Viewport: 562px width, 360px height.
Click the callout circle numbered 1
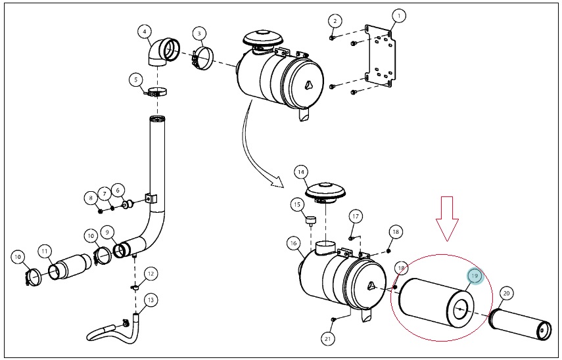(x=398, y=16)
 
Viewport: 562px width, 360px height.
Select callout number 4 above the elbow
(x=145, y=32)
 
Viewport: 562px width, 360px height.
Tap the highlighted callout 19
(x=475, y=276)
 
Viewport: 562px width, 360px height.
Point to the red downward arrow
(x=447, y=219)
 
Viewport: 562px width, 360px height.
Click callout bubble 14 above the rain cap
(x=301, y=172)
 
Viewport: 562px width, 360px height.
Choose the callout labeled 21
(x=327, y=338)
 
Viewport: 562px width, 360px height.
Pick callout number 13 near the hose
(x=151, y=300)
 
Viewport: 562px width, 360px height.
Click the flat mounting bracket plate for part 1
(x=381, y=56)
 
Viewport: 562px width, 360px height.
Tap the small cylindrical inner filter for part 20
(x=521, y=324)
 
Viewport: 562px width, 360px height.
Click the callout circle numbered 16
(x=294, y=244)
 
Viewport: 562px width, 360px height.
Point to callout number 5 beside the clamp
(x=136, y=79)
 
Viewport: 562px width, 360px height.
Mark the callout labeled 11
(x=44, y=251)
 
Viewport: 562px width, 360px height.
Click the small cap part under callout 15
(x=310, y=219)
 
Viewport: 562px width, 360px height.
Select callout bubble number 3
(x=199, y=34)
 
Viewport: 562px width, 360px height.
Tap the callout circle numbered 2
(x=335, y=21)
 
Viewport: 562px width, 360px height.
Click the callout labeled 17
(x=355, y=216)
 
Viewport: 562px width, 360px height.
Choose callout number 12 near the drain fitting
(x=151, y=274)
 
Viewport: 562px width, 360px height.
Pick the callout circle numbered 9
(x=107, y=232)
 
